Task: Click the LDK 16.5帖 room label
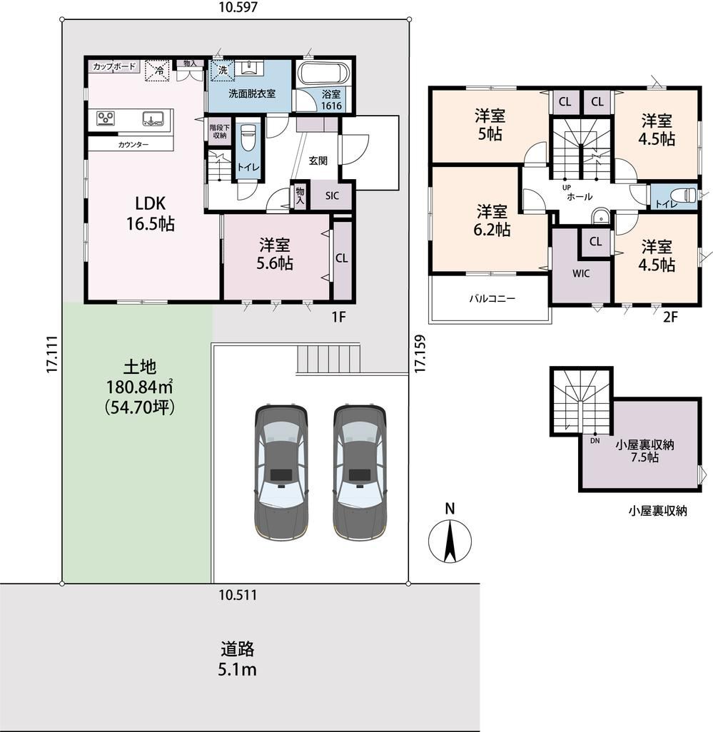coord(151,214)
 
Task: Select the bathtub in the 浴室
coord(323,73)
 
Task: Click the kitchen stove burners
coord(106,118)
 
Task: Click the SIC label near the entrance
coord(332,195)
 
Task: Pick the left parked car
coord(281,472)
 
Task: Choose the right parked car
coord(360,472)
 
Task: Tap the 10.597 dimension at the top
coord(238,7)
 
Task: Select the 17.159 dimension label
coord(420,353)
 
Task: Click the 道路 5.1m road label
coord(237,659)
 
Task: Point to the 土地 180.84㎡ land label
coord(140,387)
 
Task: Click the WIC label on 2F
coord(581,273)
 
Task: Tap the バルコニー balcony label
coord(492,298)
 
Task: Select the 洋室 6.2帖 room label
coord(492,220)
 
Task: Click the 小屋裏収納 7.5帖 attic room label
coord(644,451)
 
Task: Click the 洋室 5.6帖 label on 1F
coord(275,253)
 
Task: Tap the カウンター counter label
coord(133,145)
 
